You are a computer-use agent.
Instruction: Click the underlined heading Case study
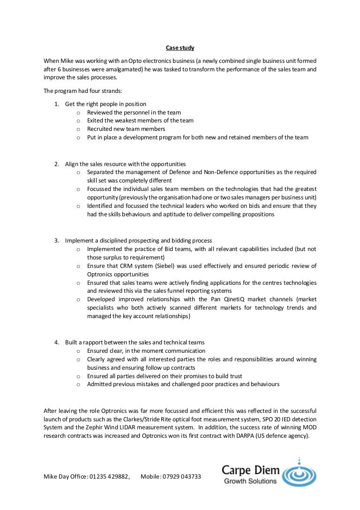pos(180,48)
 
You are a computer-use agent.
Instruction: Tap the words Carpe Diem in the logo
pos(251,470)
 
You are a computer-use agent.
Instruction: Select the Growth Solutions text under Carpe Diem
pos(250,481)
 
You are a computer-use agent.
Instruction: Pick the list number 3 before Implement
pos(56,241)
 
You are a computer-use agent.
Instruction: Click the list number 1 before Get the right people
pos(56,104)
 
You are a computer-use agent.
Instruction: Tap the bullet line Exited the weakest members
pos(140,121)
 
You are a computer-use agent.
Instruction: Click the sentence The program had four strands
pos(82,91)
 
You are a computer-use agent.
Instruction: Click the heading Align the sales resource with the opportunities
pos(126,164)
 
